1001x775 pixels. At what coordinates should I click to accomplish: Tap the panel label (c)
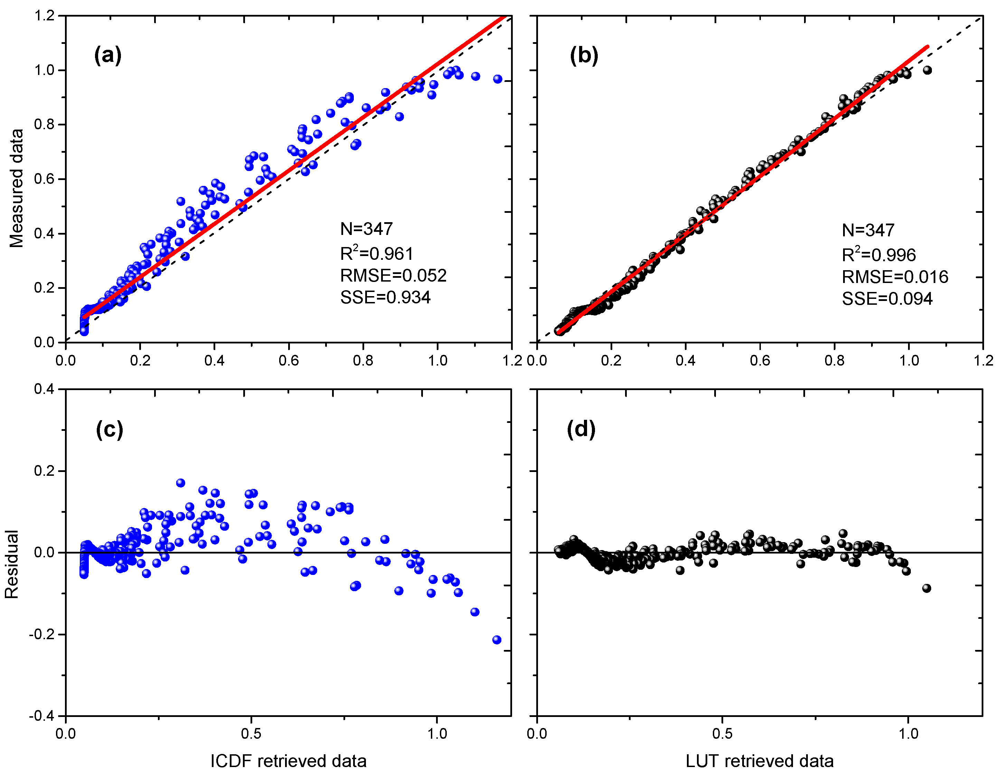[x=110, y=429]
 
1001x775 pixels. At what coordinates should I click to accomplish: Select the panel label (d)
[x=581, y=429]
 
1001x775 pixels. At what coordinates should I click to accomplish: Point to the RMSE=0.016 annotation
[x=895, y=277]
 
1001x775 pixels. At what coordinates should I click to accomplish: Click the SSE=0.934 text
[x=385, y=297]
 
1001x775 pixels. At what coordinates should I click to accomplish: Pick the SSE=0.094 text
[x=887, y=299]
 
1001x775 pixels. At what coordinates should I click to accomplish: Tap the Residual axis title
[x=11, y=564]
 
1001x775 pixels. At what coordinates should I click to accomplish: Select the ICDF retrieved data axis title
[x=288, y=761]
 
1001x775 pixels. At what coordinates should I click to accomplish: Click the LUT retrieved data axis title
[x=759, y=761]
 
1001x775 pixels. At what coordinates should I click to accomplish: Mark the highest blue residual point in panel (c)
[x=181, y=483]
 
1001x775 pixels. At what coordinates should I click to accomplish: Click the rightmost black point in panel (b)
[x=927, y=70]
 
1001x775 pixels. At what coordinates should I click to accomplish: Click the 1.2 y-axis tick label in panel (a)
[x=45, y=16]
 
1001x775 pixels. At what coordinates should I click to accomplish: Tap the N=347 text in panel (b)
[x=868, y=230]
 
